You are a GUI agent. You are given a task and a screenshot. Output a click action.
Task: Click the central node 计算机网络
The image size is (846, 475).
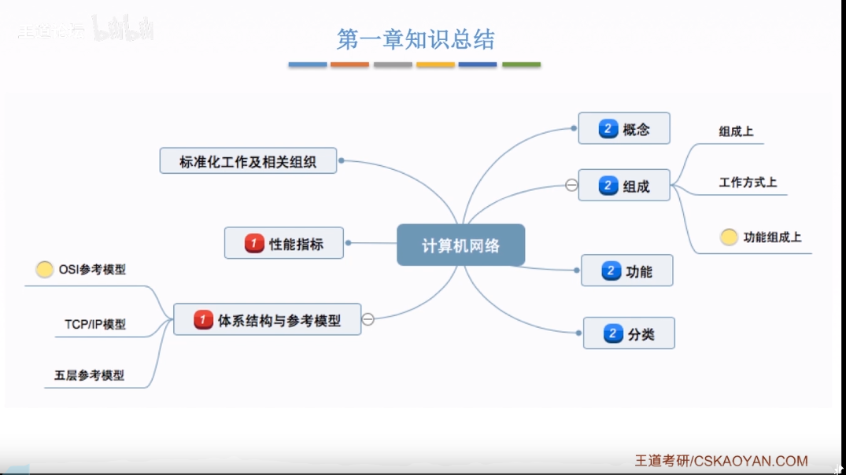click(460, 245)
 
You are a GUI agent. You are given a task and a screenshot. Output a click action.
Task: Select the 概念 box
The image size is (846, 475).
click(624, 128)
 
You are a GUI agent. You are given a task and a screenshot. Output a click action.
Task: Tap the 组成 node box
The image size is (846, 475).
click(624, 186)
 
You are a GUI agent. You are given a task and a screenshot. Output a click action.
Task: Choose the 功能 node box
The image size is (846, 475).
click(627, 271)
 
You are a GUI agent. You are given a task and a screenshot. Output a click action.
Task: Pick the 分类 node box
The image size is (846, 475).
click(629, 333)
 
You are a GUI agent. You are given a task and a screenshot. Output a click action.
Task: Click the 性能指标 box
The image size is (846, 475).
click(285, 243)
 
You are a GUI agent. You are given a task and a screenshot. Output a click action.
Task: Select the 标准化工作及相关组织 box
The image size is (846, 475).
click(248, 160)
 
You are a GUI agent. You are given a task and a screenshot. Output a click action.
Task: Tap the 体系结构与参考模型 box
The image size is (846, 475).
click(268, 319)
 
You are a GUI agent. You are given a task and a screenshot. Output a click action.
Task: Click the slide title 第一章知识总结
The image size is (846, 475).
click(416, 39)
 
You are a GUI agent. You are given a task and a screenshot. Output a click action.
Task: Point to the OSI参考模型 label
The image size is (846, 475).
click(92, 270)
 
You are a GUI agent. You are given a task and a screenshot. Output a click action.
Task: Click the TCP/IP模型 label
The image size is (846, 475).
click(95, 323)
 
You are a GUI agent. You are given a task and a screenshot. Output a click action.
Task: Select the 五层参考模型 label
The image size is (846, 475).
click(89, 376)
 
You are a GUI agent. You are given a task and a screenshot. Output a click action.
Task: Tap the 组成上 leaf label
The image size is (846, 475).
click(736, 131)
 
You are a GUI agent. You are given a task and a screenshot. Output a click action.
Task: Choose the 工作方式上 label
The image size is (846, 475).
click(748, 182)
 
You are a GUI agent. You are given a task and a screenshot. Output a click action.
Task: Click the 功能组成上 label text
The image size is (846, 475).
click(772, 237)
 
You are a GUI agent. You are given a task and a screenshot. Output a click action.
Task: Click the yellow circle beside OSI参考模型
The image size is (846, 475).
click(45, 270)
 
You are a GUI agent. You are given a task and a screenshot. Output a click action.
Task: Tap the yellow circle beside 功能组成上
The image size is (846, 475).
click(729, 237)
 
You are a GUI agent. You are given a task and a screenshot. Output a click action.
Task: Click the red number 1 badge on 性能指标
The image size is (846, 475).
click(253, 243)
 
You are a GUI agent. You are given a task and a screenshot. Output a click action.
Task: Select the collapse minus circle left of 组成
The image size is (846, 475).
click(571, 186)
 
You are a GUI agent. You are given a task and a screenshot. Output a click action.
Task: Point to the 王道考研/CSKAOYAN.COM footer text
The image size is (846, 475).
click(721, 461)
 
